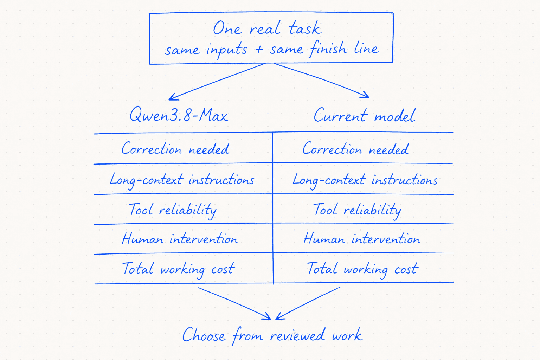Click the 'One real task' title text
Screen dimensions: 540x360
(x=267, y=28)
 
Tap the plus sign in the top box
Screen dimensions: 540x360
(x=259, y=49)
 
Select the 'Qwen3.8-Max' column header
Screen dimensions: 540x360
(x=179, y=115)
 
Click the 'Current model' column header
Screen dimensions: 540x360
(x=365, y=115)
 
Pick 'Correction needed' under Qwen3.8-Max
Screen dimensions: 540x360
(x=175, y=148)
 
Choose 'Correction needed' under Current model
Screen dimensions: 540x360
(x=355, y=148)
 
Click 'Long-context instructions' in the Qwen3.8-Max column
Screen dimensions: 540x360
(x=182, y=180)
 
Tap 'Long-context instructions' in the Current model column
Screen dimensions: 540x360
(x=365, y=180)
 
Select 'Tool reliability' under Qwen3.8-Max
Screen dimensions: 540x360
(x=173, y=210)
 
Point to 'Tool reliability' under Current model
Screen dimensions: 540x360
(x=357, y=210)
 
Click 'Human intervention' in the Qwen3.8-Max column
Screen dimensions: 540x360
(x=180, y=239)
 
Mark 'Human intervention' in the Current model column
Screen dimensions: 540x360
(x=362, y=239)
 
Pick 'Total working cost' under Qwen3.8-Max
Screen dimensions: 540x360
(x=178, y=269)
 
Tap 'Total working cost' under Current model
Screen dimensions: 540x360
(x=362, y=269)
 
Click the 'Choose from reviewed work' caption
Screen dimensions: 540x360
(x=272, y=335)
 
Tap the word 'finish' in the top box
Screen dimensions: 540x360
(x=328, y=49)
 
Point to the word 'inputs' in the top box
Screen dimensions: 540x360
(x=227, y=50)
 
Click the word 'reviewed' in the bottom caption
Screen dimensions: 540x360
(x=297, y=335)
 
